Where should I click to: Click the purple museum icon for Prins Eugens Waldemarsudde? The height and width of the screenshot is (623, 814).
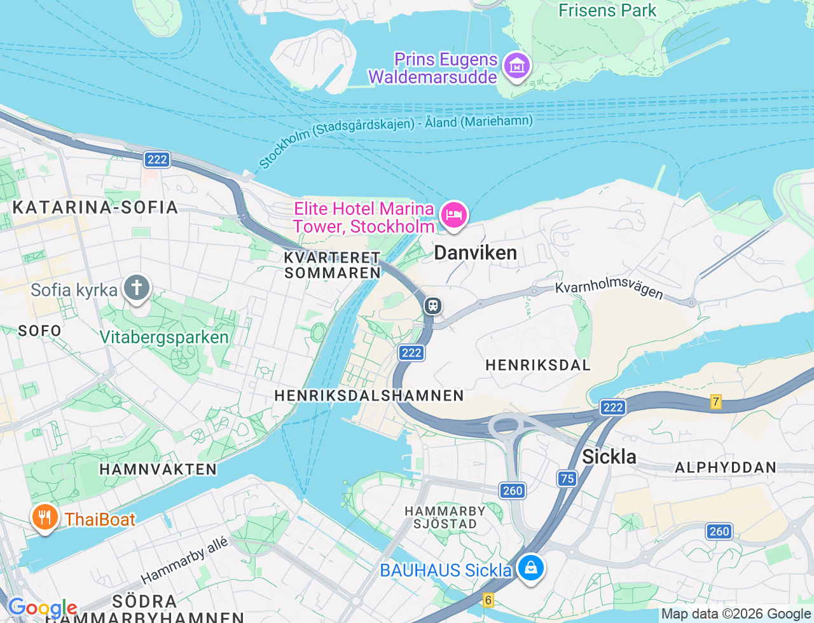coord(516,65)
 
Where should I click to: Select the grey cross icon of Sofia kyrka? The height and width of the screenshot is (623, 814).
coord(136,288)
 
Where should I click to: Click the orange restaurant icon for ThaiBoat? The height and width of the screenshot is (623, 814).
coord(44,517)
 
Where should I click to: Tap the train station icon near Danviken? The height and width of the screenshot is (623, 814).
coord(433,306)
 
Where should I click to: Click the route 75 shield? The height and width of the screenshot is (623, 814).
coord(567,479)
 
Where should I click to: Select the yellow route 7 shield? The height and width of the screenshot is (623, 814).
coord(716,402)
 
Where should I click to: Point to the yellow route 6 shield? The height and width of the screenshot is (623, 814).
coord(488,599)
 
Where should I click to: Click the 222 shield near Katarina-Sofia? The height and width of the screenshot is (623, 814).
coord(157,159)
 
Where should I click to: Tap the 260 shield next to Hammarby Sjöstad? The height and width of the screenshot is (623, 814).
coord(513,490)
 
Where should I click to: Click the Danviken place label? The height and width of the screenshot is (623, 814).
coord(475,253)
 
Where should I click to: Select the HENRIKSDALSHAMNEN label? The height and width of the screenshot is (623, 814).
coord(369,395)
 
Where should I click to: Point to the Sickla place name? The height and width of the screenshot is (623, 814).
coord(609,456)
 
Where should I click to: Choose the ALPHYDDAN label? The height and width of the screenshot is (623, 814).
coord(725,468)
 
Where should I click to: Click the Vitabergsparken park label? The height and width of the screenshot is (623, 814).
coord(164,337)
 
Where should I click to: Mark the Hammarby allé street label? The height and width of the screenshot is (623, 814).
coord(184,560)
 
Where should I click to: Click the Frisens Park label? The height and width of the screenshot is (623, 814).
coord(607,10)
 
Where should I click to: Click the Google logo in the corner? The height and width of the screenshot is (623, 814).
coord(42,608)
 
